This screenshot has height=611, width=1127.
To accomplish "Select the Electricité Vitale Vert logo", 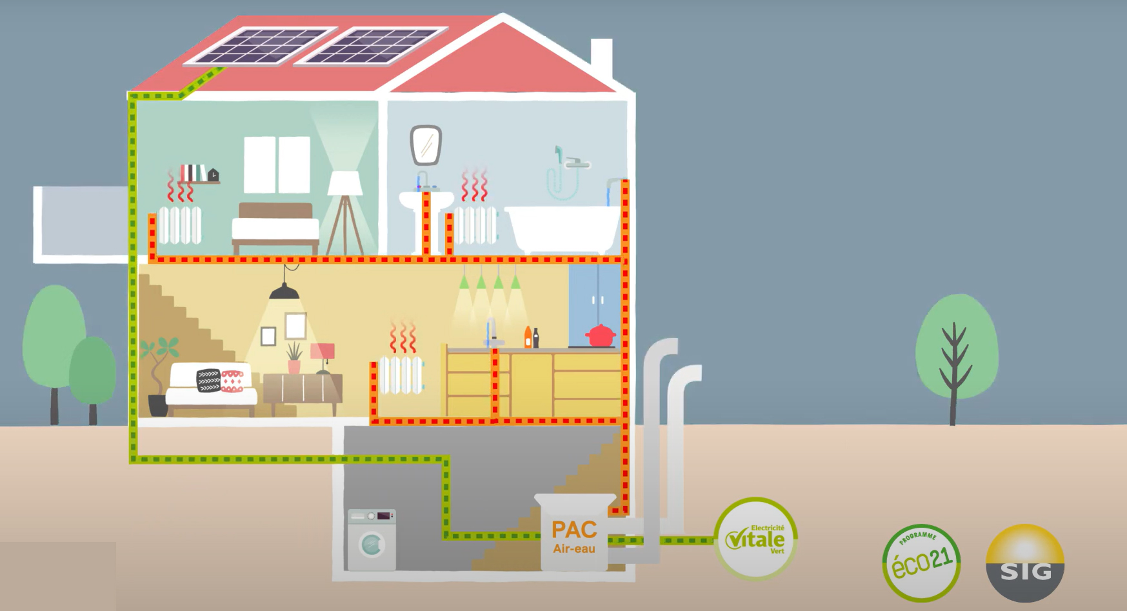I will coord(755,539).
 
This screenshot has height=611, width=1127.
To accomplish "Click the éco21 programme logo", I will coord(921,562).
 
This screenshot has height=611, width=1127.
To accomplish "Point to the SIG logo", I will coord(1025,563).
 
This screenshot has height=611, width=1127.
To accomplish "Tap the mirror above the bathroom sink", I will coord(426,145).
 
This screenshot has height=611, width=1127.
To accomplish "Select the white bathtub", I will coord(563,228).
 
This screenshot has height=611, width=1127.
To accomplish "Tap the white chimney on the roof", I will coord(601,59).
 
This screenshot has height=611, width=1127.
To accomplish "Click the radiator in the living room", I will coord(401,374).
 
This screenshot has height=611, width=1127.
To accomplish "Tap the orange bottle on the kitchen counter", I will coord(528,337).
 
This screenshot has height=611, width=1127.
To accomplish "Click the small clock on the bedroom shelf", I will coord(212,174).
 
